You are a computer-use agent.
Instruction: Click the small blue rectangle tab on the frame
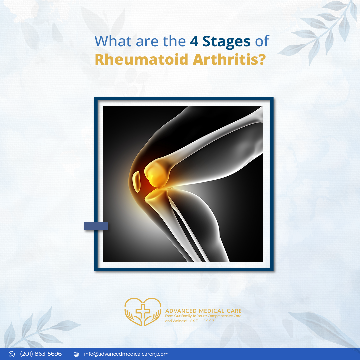96,226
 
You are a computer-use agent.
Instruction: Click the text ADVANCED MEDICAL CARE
203,311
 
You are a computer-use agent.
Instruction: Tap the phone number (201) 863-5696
41,354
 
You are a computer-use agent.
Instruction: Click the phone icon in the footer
12,354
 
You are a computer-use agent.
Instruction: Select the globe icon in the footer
76,354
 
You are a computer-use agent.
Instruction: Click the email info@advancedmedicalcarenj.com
126,354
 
